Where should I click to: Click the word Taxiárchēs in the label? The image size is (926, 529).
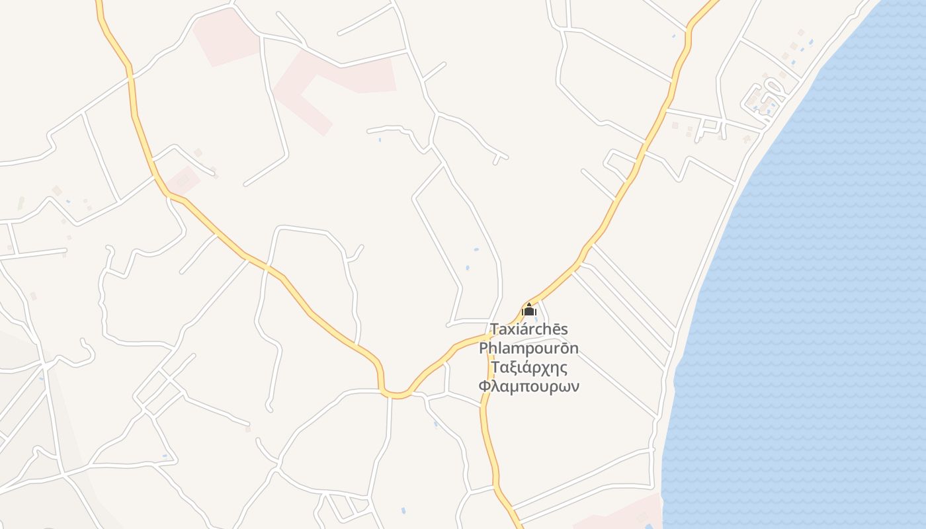pos(528,329)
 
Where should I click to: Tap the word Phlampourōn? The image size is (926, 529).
pos(528,348)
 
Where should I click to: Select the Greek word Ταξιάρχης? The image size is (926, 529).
pos(528,367)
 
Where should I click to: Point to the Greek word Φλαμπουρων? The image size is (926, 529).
pos(528,386)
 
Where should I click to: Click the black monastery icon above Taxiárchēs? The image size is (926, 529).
pos(528,309)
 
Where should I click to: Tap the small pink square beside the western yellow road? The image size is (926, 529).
pos(183,180)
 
